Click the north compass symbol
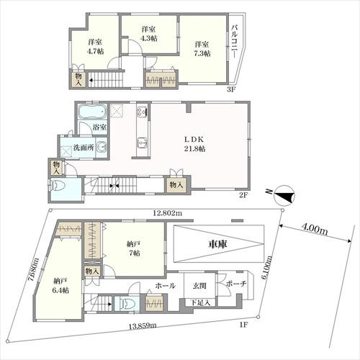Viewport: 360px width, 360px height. pyautogui.click(x=284, y=195)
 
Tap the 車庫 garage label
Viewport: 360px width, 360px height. pyautogui.click(x=217, y=244)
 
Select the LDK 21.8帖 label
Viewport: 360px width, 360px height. pyautogui.click(x=194, y=144)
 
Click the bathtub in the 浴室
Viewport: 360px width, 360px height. pyautogui.click(x=92, y=112)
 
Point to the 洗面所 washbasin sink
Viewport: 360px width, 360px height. pyautogui.click(x=102, y=147)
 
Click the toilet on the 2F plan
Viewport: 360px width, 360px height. pyautogui.click(x=57, y=186)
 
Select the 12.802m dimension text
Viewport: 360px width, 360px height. pyautogui.click(x=167, y=213)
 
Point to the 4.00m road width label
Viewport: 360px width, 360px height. pyautogui.click(x=314, y=230)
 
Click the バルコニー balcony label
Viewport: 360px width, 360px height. pyautogui.click(x=235, y=41)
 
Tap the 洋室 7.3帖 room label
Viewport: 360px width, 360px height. pyautogui.click(x=202, y=49)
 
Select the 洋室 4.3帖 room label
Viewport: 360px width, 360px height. pyautogui.click(x=149, y=34)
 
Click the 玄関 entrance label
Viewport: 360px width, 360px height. pyautogui.click(x=199, y=286)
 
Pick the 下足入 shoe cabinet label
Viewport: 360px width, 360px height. pyautogui.click(x=201, y=302)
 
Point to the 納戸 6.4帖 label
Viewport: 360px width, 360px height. pyautogui.click(x=60, y=285)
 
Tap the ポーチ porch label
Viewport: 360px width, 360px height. pyautogui.click(x=236, y=284)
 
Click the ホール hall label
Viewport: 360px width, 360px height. pyautogui.click(x=166, y=286)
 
